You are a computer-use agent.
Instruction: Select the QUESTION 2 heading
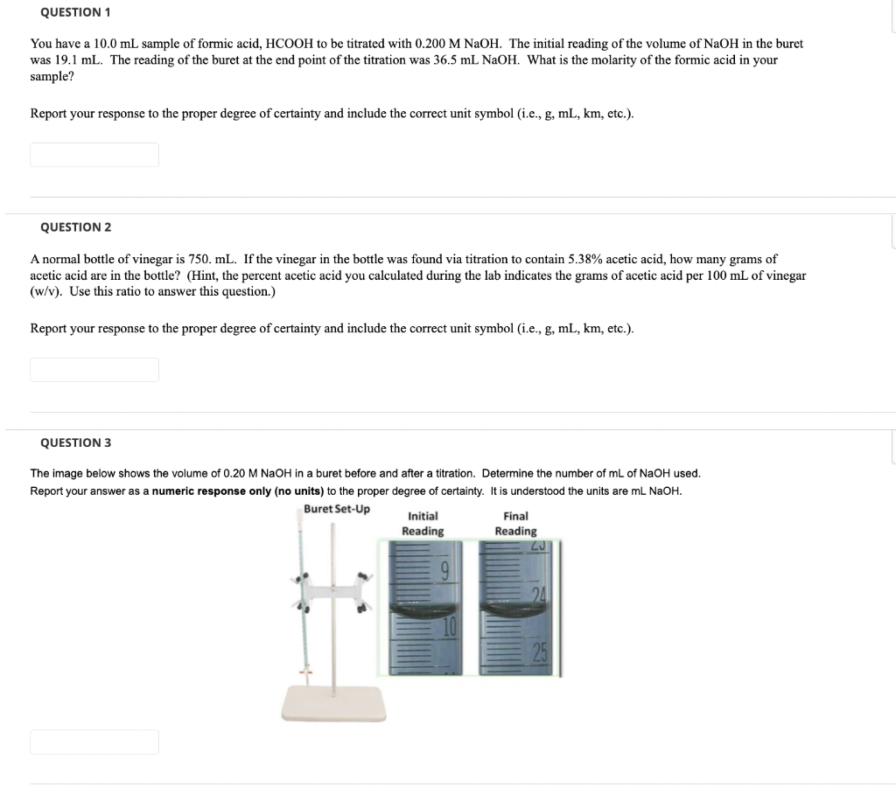[x=75, y=227]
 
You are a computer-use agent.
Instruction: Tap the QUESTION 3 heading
[x=75, y=443]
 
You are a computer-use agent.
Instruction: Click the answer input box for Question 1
[x=94, y=155]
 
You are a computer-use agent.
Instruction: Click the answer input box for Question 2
[x=94, y=370]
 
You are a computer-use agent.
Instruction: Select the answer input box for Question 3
[x=94, y=742]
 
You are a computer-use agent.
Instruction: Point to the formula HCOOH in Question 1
[x=297, y=43]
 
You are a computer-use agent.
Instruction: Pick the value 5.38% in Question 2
[x=588, y=260]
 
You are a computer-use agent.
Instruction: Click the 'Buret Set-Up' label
[x=337, y=509]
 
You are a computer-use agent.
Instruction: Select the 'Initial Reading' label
[x=423, y=524]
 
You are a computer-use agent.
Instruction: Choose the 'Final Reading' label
[x=515, y=524]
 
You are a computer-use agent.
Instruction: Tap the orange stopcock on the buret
[x=305, y=672]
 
